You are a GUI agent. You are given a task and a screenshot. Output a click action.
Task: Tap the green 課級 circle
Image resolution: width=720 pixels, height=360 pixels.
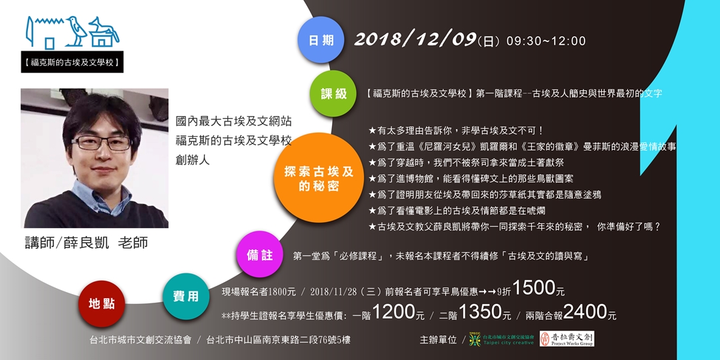[334, 93]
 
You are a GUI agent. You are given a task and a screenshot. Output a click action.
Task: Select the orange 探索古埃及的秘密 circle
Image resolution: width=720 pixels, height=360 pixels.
[319, 177]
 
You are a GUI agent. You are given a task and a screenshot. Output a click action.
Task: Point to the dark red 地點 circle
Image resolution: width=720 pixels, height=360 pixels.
[101, 304]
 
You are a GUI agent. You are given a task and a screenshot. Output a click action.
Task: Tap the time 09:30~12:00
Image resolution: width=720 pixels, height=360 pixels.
[546, 41]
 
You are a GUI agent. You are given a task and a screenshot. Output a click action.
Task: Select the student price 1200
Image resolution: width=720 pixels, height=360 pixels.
[393, 312]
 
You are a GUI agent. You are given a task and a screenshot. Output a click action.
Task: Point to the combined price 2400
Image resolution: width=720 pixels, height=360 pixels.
[584, 312]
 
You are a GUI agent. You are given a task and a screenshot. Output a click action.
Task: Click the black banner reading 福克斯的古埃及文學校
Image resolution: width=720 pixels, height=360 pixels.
[71, 64]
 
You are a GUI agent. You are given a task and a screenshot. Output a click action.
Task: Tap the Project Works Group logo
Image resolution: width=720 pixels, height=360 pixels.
[566, 339]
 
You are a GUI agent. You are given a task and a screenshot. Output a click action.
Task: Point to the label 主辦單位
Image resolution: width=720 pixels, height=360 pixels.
[438, 340]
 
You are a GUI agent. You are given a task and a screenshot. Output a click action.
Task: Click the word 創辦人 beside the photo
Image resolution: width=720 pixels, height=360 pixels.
[193, 160]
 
